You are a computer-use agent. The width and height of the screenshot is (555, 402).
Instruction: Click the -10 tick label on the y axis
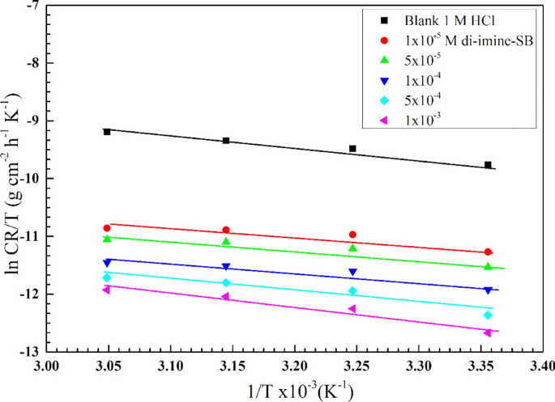[28, 179]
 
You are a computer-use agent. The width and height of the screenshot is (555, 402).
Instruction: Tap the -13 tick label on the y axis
[28, 352]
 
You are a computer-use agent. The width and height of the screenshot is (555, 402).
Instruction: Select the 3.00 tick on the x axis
[47, 365]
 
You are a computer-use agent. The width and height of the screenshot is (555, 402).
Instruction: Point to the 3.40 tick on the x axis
[541, 365]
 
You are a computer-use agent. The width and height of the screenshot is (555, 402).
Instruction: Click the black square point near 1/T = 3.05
[107, 131]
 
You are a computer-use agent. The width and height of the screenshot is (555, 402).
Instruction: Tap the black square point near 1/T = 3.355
[488, 164]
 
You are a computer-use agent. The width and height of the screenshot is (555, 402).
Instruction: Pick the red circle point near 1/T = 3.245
[352, 234]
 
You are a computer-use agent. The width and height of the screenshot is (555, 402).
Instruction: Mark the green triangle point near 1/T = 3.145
[226, 241]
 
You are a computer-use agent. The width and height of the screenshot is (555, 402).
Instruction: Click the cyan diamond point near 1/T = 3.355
[488, 315]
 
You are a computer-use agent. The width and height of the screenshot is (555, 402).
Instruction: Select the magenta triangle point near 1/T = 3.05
[106, 290]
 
